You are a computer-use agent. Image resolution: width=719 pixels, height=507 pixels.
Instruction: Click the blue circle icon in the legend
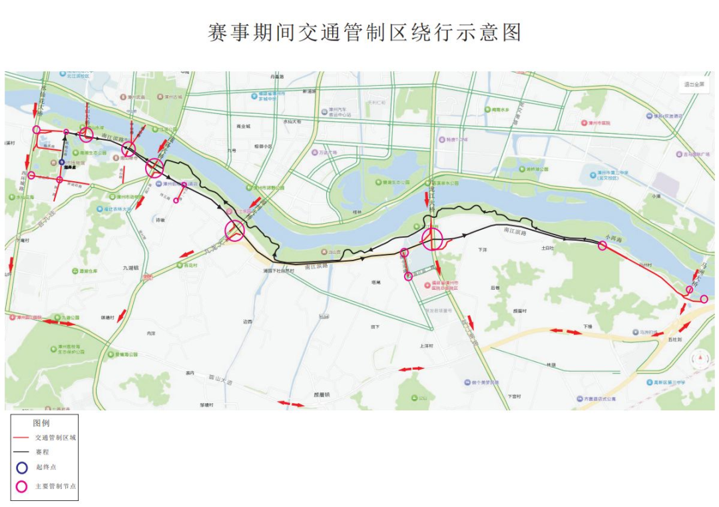pyautogui.click(x=22, y=468)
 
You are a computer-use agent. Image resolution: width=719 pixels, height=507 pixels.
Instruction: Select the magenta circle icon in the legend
pyautogui.click(x=22, y=486)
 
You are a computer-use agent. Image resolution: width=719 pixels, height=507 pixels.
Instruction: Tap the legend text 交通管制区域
pyautogui.click(x=56, y=438)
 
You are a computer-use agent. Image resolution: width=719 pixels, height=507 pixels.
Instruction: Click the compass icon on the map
pyautogui.click(x=701, y=359)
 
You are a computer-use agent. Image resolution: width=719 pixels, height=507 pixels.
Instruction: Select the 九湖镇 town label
pyautogui.click(x=130, y=268)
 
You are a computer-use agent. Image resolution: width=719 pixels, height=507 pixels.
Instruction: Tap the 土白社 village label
pyautogui.click(x=547, y=248)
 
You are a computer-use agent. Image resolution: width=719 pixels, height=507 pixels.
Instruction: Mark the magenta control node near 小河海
pyautogui.click(x=602, y=246)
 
